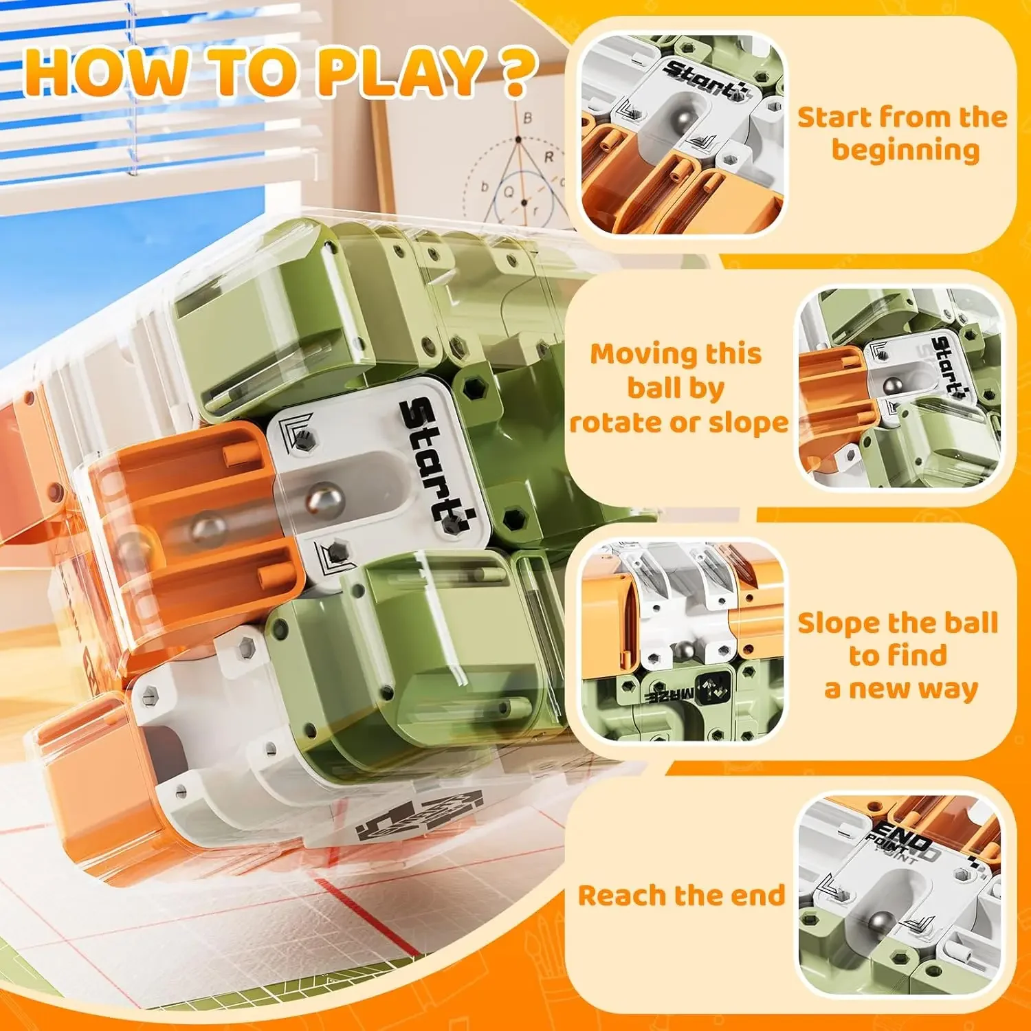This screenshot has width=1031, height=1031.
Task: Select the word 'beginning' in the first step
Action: [905, 151]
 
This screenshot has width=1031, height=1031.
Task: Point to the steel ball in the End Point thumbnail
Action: [877, 921]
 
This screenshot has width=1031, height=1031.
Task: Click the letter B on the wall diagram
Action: [527, 118]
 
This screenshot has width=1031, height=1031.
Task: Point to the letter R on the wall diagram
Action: [548, 157]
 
